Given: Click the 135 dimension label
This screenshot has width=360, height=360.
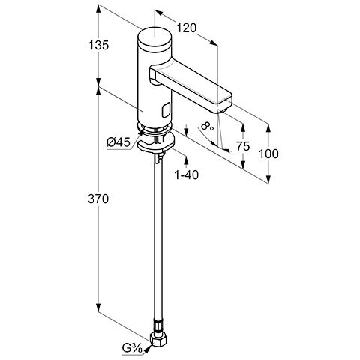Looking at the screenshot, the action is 99,46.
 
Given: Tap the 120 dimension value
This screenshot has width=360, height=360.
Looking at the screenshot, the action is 187,28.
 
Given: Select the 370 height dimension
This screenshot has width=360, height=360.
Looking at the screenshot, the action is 98,199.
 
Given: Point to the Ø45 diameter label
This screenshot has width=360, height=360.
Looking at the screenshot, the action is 118,142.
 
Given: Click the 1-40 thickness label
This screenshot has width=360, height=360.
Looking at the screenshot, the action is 187,175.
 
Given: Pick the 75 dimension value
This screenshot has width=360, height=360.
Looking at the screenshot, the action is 243,146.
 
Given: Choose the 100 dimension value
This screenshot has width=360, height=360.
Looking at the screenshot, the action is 268,154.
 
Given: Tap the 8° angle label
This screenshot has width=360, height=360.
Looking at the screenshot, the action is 207,126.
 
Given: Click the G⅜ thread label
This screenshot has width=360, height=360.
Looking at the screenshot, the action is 133,348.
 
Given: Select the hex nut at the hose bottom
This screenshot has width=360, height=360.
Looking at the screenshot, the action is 158,340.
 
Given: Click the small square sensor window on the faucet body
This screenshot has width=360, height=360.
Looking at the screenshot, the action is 166,111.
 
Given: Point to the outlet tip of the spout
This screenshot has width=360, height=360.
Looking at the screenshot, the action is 221,111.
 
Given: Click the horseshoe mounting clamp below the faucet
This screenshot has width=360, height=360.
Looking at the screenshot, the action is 154,143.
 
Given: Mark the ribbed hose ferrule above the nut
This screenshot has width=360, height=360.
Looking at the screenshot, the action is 157,326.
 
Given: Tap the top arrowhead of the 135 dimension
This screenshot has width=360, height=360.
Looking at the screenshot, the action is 98,8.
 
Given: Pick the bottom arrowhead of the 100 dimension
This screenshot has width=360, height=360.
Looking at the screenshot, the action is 268,179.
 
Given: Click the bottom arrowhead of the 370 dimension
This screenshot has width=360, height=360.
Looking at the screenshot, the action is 98,307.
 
